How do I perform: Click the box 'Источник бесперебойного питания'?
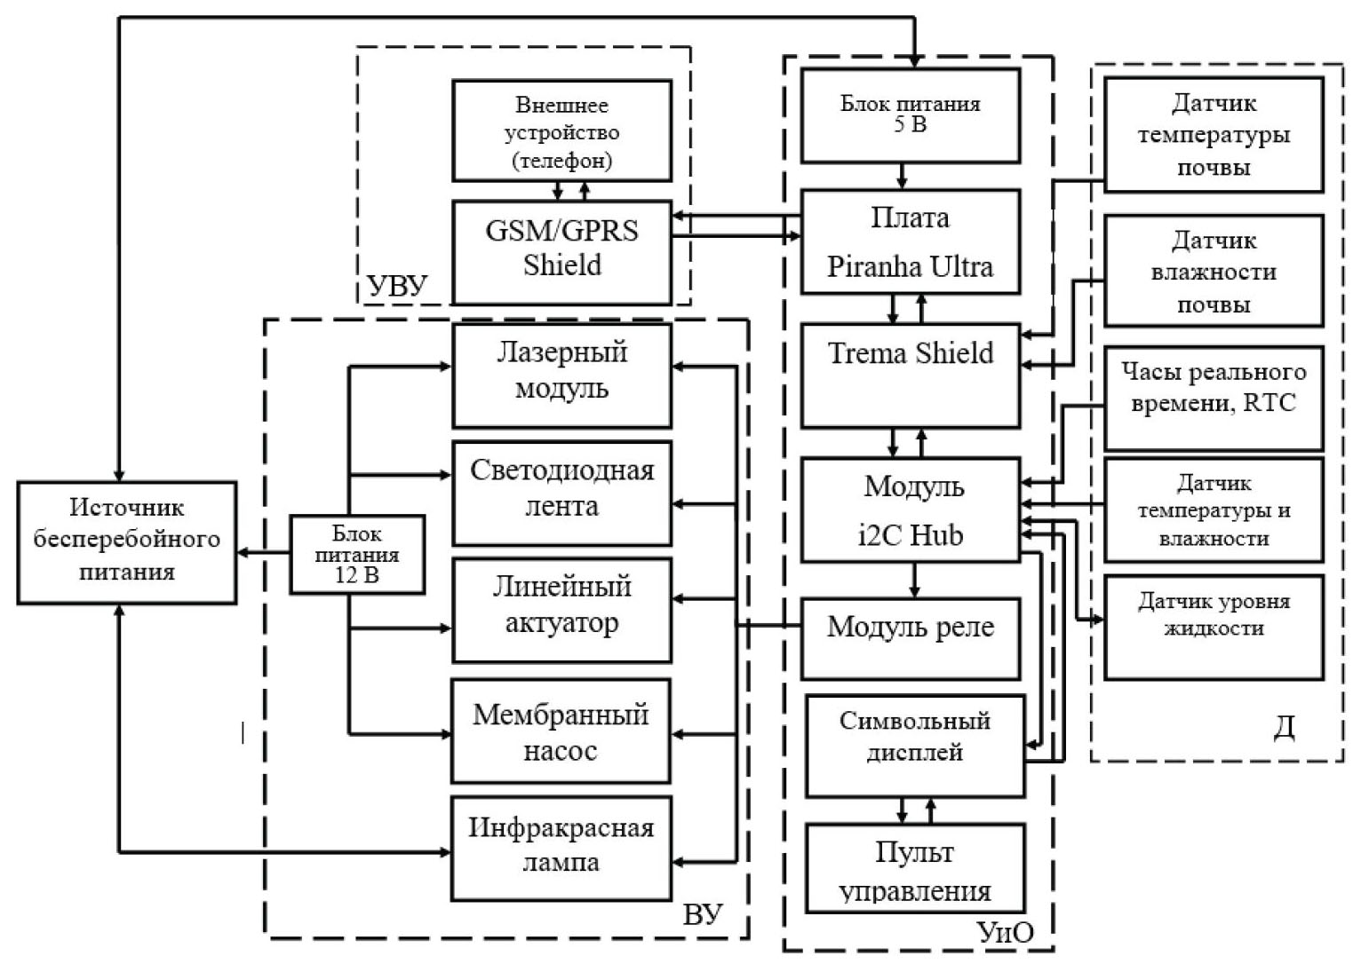127,542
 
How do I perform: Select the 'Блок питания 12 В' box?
357,555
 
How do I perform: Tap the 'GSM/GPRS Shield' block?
561,252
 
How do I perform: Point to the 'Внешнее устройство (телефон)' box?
561,131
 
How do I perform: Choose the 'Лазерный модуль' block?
561,375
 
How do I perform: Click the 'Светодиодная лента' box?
561,493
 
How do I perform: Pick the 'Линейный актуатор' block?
561,610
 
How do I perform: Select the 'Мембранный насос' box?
561,731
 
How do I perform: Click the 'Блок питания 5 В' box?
911,116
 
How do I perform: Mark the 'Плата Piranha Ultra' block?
911,241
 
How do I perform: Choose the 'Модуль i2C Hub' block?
911,510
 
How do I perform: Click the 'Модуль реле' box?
911,638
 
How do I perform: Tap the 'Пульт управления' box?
915,868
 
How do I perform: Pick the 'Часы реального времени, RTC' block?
1214,399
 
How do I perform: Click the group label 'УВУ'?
397,286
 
